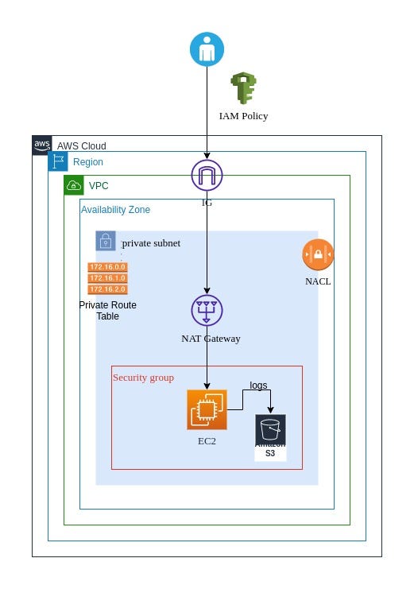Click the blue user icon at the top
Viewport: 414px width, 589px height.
coord(207,48)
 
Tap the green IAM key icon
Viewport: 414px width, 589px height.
coord(242,88)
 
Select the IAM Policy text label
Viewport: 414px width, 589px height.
coord(243,116)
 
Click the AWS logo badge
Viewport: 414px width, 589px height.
coord(42,145)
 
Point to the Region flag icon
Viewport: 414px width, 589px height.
coord(58,161)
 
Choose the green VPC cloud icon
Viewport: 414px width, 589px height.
coord(74,185)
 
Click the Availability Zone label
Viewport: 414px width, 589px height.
coord(115,210)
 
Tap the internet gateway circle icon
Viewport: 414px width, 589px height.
coord(207,176)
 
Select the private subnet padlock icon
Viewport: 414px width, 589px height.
coord(106,241)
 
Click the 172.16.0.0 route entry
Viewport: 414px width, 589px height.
coord(107,267)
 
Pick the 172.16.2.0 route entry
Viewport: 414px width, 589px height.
coord(107,289)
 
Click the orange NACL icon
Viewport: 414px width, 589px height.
coord(318,255)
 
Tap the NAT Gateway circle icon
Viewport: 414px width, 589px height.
coord(207,311)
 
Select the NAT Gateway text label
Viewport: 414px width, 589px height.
coord(211,339)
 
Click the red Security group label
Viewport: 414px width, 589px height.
coord(143,377)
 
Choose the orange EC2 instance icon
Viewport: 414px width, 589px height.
coord(207,409)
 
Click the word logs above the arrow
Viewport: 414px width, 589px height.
coord(258,386)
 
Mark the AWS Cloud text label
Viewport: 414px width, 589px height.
coord(81,146)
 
